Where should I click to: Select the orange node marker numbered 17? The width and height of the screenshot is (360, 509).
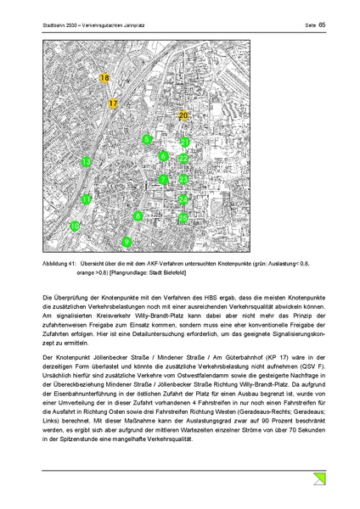click(114, 103)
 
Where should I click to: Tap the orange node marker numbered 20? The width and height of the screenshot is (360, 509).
click(184, 115)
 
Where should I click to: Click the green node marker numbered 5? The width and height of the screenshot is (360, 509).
click(147, 139)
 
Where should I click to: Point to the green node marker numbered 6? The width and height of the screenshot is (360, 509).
click(163, 156)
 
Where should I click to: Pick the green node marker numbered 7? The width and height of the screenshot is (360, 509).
click(163, 180)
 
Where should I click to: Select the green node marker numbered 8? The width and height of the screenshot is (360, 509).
click(138, 216)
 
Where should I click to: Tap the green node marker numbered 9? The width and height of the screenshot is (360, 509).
click(127, 243)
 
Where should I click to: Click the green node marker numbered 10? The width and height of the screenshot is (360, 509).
click(75, 227)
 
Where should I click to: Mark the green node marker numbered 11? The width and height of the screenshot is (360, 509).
click(86, 199)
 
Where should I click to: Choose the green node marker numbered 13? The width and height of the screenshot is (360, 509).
click(86, 161)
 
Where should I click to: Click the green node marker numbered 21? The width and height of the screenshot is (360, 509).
click(184, 142)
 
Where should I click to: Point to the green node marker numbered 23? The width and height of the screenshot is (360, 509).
click(183, 180)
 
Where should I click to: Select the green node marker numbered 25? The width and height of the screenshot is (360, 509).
click(183, 218)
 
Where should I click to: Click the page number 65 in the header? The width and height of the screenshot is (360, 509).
click(322, 25)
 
